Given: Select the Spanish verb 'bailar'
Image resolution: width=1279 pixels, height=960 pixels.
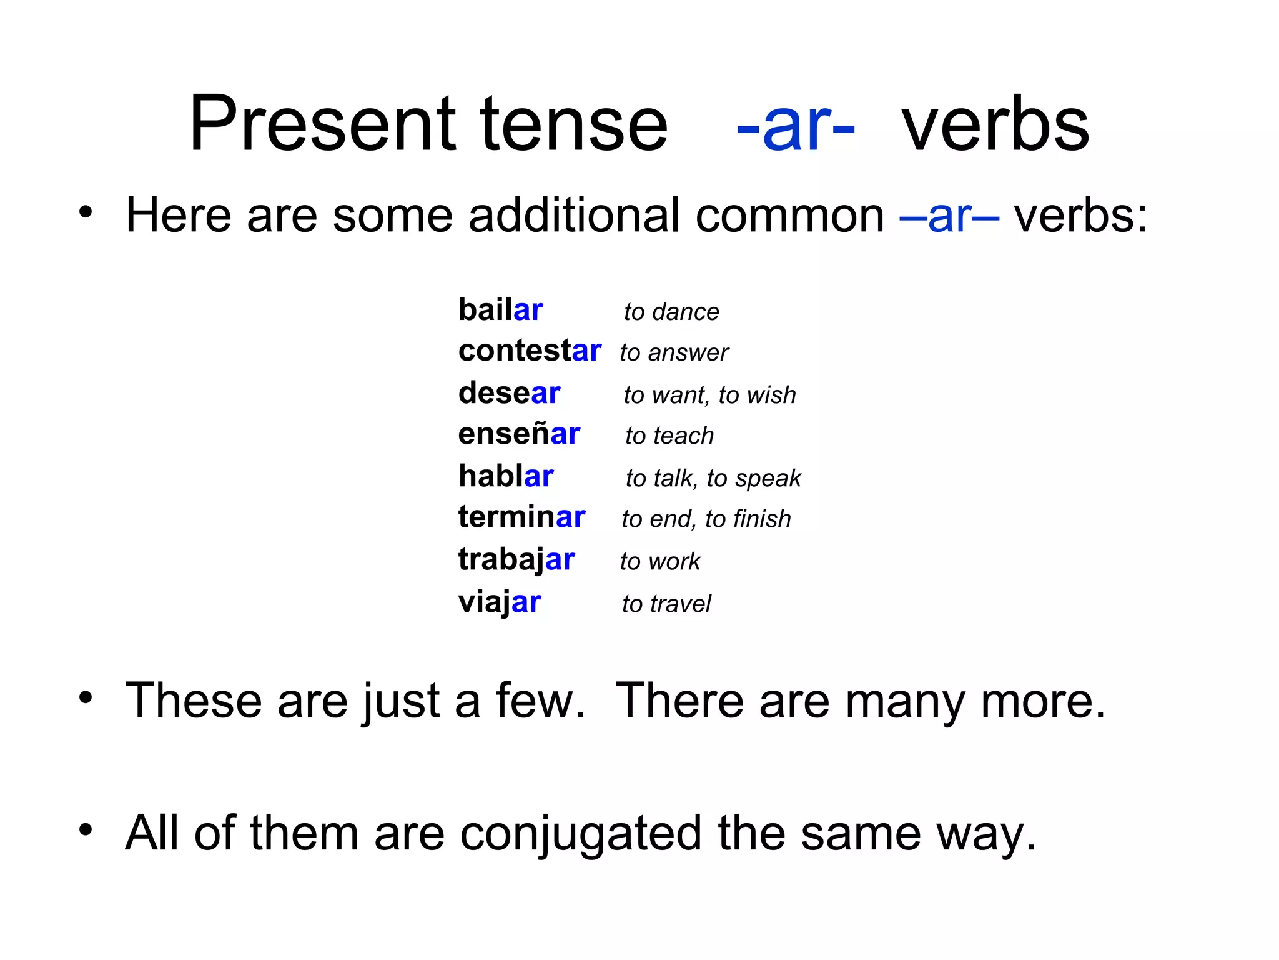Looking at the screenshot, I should point(500,310).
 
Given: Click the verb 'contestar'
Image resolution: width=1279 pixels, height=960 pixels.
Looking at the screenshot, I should point(530,351).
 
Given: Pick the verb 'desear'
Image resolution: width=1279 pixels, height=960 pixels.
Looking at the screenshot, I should point(509,393).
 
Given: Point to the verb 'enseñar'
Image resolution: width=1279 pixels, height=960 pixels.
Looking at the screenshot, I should point(519,434).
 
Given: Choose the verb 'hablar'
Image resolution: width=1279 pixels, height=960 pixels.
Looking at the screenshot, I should point(506,476).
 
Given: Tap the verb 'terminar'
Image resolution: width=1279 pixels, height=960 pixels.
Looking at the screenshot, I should point(521,517).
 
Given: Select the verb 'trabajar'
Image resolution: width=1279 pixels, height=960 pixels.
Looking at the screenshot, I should point(516,560).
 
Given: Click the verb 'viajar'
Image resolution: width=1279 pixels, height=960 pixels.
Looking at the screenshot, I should point(500,602).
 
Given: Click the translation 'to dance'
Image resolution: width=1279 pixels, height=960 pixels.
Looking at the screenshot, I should point(671,312).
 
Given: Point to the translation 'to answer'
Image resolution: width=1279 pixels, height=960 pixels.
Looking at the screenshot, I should point(674,353).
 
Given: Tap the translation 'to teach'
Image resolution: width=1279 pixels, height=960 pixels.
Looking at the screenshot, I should point(669,436).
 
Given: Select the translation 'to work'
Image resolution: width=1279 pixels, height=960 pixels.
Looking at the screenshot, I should point(660,562).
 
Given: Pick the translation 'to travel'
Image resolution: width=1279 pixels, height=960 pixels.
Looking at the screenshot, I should point(666,604).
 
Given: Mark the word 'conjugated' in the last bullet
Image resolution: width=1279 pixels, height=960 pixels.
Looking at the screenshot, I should point(581,834).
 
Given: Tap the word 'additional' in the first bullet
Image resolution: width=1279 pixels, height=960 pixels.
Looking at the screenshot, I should point(573,215).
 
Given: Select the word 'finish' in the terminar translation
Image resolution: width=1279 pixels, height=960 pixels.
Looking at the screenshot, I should point(762,519).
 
